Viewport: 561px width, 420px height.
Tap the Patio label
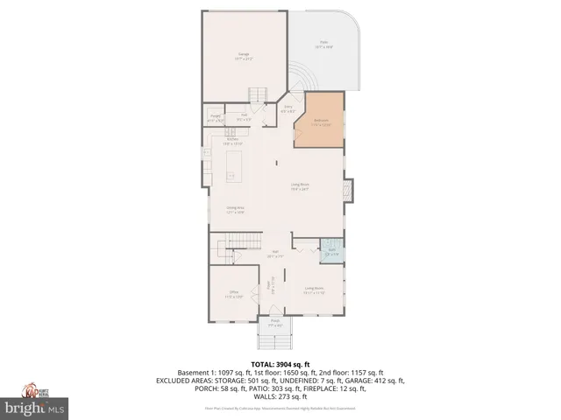pos(323,45)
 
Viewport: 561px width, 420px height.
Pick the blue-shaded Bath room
pos(332,253)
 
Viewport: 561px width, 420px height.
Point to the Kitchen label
pos(233,140)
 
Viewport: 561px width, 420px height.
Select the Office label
pos(234,294)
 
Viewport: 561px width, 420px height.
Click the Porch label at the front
pos(275,322)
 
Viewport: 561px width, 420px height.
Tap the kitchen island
pos(233,165)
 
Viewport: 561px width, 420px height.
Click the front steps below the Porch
pos(275,339)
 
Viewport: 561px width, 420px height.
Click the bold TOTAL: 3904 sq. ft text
pos(280,364)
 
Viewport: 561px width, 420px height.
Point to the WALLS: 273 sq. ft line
pos(280,397)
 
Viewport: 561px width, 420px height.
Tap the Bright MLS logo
pos(34,408)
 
